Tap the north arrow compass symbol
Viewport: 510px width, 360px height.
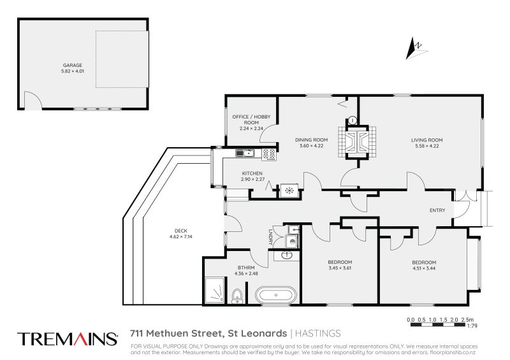tap(415, 46)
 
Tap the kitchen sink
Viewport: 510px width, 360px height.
tap(245, 153)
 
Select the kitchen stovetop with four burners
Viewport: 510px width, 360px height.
tap(269, 153)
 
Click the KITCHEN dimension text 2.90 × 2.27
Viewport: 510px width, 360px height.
tap(254, 180)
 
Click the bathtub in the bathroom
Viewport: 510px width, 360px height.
tap(276, 295)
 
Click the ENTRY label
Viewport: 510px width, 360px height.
tap(438, 211)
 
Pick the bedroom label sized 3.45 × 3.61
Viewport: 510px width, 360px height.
tap(340, 266)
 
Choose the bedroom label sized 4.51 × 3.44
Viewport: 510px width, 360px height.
tap(423, 266)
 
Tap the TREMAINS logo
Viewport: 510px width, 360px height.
tap(68, 338)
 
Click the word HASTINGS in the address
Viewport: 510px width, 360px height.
tap(319, 333)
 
